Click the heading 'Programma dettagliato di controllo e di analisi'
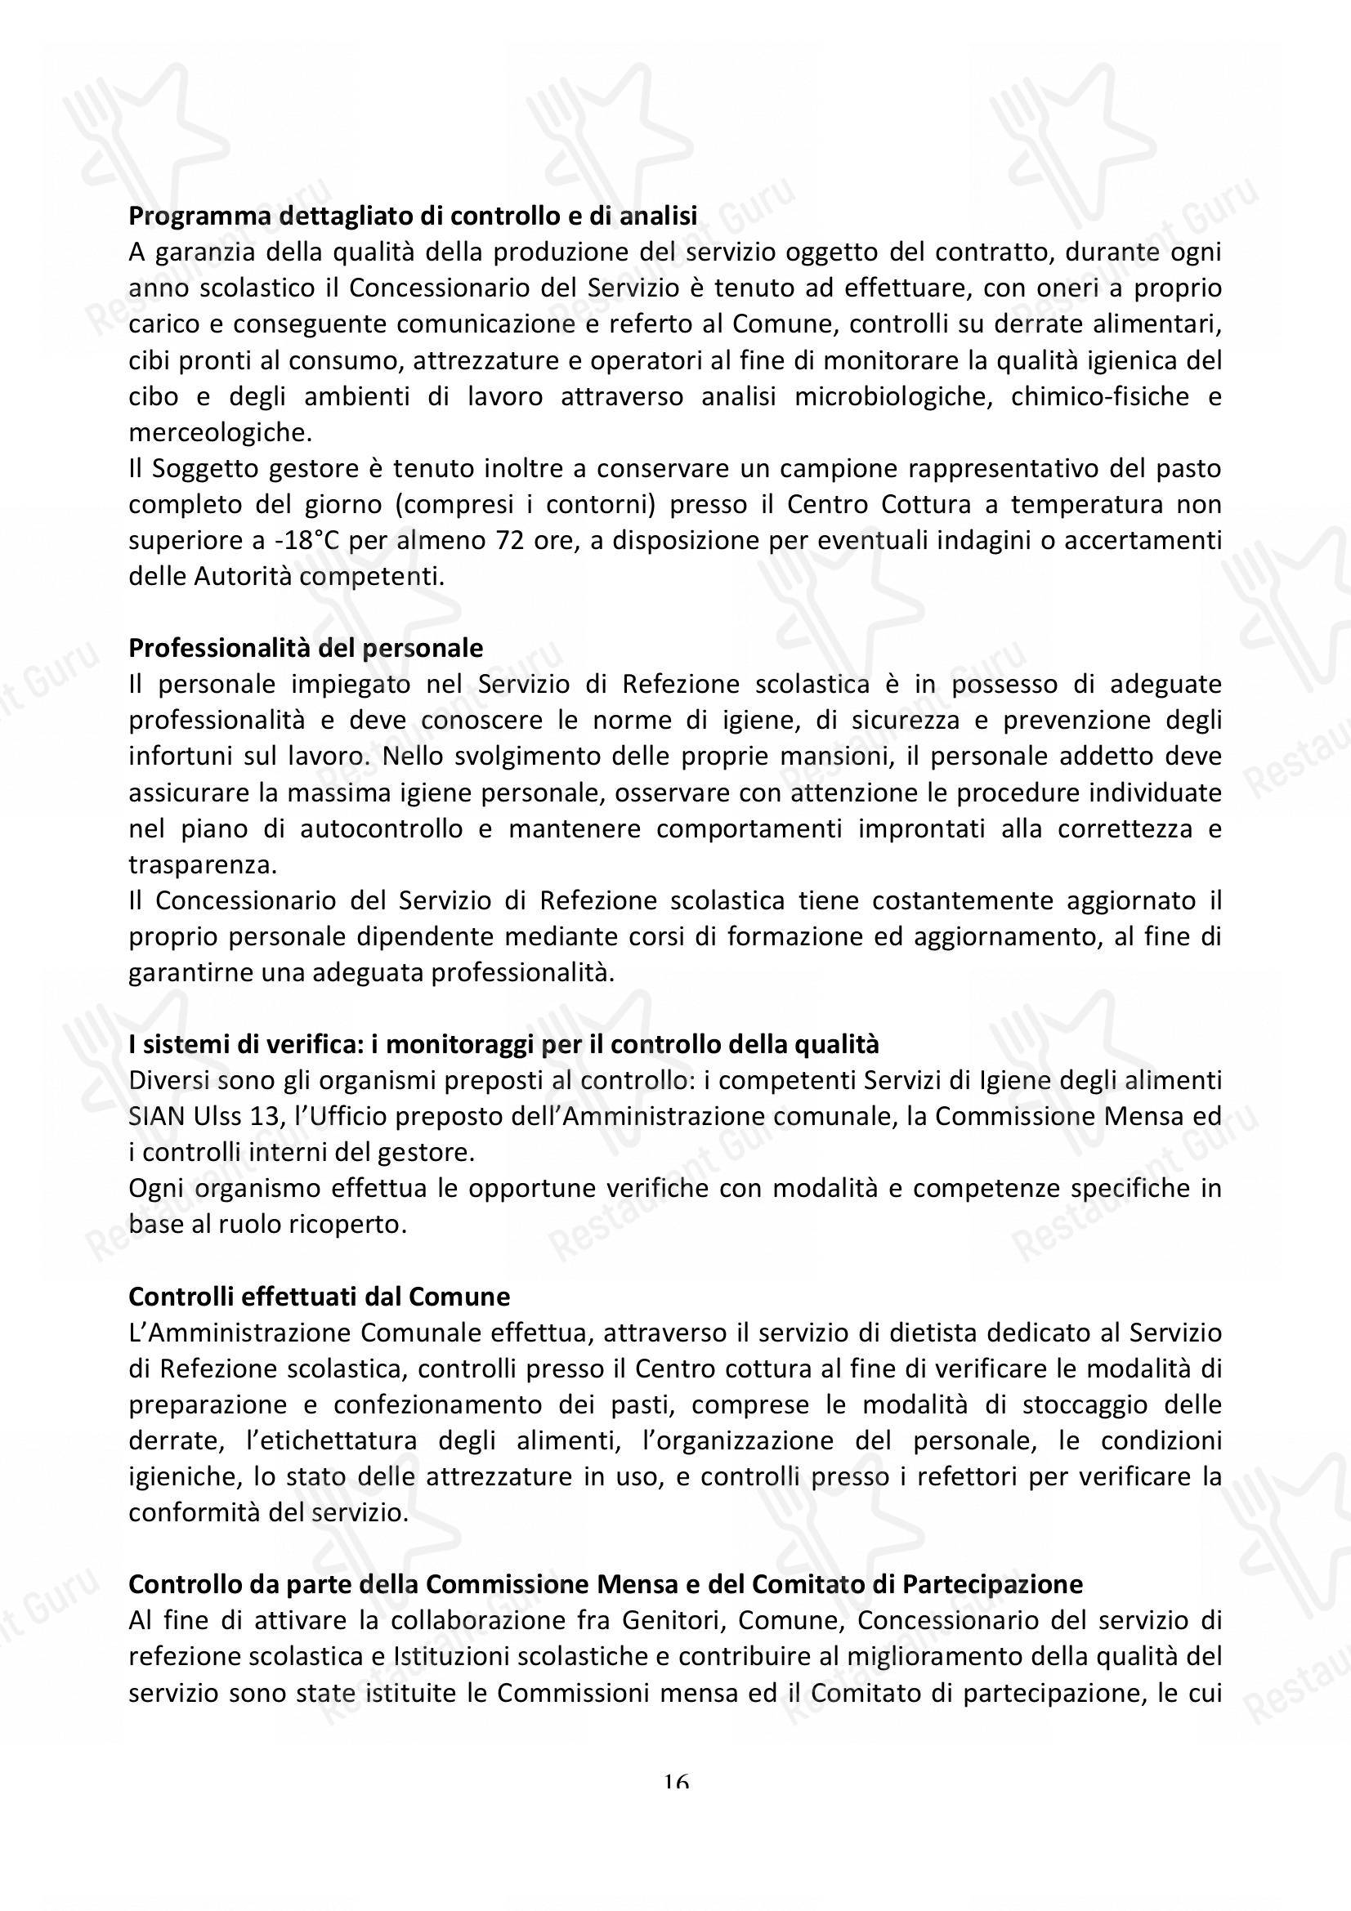click(x=412, y=217)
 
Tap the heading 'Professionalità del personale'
click(x=306, y=648)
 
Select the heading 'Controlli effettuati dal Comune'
click(x=319, y=1297)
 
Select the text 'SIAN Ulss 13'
click(x=199, y=1117)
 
